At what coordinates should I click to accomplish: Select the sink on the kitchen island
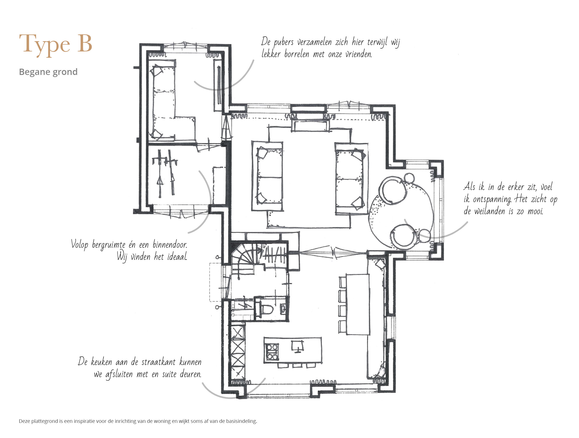pos(297,346)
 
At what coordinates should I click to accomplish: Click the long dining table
pos(358,304)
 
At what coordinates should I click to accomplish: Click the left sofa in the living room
pos(267,176)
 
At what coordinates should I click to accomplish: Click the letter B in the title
pos(85,43)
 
